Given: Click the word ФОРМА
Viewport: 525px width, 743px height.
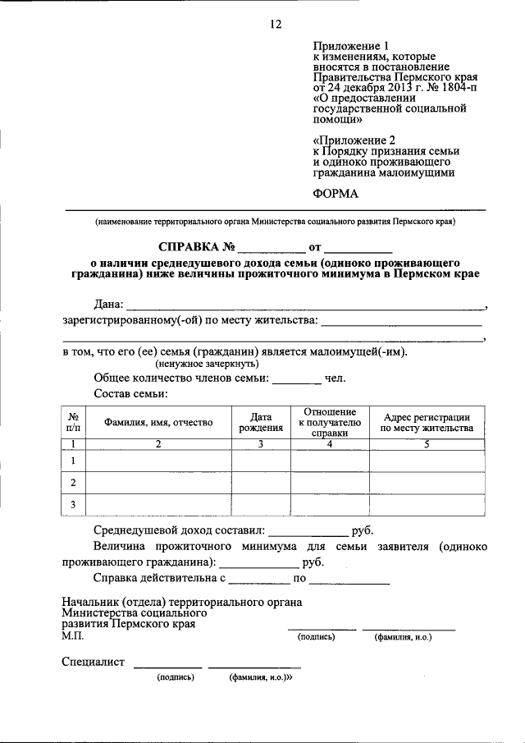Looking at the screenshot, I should [x=336, y=195].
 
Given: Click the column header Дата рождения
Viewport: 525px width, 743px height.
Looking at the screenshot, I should [x=260, y=422].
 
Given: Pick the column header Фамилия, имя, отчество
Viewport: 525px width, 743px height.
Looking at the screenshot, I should [x=158, y=422].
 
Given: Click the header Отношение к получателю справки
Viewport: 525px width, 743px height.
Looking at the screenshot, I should [x=329, y=422].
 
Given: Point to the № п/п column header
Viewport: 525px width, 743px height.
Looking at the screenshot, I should [x=73, y=422].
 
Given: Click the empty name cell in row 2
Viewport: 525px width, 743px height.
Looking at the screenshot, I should [x=158, y=482].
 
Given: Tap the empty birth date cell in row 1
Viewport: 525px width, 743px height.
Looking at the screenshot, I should [x=260, y=461].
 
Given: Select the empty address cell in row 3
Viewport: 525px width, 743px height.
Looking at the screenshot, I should [x=426, y=503].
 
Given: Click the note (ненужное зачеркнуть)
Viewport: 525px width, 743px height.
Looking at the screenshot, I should [x=208, y=363].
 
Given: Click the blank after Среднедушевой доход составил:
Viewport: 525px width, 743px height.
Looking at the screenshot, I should [x=308, y=530].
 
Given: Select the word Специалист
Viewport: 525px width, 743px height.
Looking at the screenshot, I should [x=93, y=662].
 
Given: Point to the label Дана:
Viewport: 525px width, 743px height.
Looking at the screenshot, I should [x=110, y=305].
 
